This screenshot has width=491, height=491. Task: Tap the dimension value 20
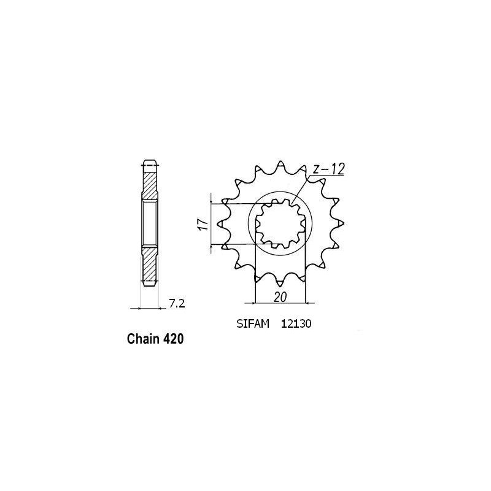[x=280, y=296]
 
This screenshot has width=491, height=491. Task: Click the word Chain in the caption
[x=143, y=339]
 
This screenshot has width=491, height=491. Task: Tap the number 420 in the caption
[x=173, y=339]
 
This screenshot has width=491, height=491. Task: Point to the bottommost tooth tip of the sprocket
[x=280, y=287]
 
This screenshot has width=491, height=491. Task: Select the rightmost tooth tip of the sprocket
[x=341, y=225]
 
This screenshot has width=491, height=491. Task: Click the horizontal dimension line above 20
[x=280, y=303]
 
